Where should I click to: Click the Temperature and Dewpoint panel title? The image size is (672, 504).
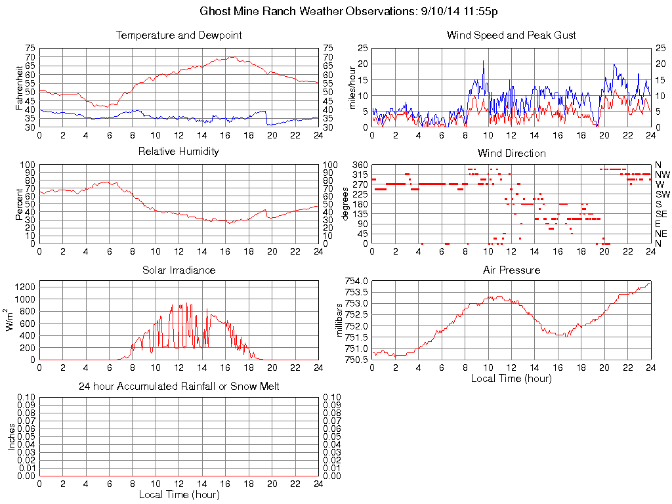pos(178,35)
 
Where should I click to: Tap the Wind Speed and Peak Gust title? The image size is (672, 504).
pos(511,35)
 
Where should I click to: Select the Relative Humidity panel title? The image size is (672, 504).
pos(178,152)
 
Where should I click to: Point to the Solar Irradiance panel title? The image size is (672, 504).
pos(178,270)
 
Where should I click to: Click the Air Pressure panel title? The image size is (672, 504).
pos(511,270)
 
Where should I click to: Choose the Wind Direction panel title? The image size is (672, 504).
pos(511,153)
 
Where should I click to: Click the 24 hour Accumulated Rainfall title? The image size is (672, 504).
pos(178,387)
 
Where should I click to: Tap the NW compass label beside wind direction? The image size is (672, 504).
pos(662,175)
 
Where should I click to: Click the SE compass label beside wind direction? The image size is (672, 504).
pos(661,214)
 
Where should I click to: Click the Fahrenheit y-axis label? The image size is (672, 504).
pos(19,87)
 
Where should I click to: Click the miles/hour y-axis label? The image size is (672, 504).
pos(352,87)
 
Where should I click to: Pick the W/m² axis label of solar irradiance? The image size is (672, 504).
pos(11,320)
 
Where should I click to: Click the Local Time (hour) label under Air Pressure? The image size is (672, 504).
pos(511,378)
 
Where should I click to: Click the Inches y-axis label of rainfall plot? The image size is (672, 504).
pos(11,436)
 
